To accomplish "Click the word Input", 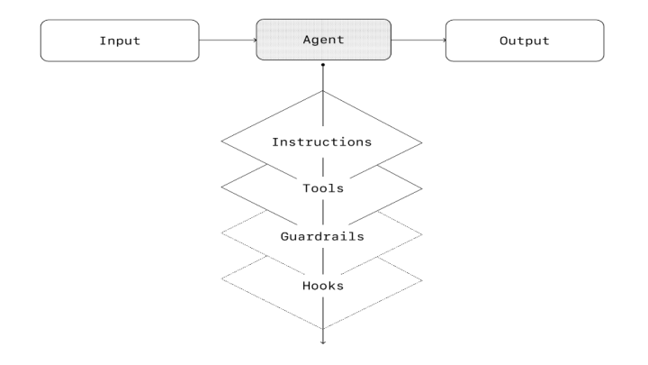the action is click(120, 41).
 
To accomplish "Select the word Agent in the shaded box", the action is click(323, 41).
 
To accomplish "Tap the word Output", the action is click(525, 41).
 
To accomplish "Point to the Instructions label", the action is click(322, 142).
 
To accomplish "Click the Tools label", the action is click(323, 188).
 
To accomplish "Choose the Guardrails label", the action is click(322, 236).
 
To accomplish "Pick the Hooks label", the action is click(323, 286).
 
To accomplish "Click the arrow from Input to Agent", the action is click(228, 41).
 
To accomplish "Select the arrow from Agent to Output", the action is click(418, 41).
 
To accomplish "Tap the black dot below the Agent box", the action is click(323, 65).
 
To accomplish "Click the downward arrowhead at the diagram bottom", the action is click(323, 342).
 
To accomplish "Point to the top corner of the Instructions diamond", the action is click(323, 91).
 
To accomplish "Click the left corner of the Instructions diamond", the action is click(221, 141).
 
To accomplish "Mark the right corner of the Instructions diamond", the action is click(422, 142).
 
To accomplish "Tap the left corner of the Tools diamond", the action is click(221, 187).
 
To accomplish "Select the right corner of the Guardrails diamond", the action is click(422, 234).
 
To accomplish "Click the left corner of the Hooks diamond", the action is click(221, 278).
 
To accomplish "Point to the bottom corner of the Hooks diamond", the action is click(323, 329).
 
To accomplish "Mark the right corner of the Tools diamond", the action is click(422, 188).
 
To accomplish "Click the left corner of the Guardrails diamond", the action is click(221, 233).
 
